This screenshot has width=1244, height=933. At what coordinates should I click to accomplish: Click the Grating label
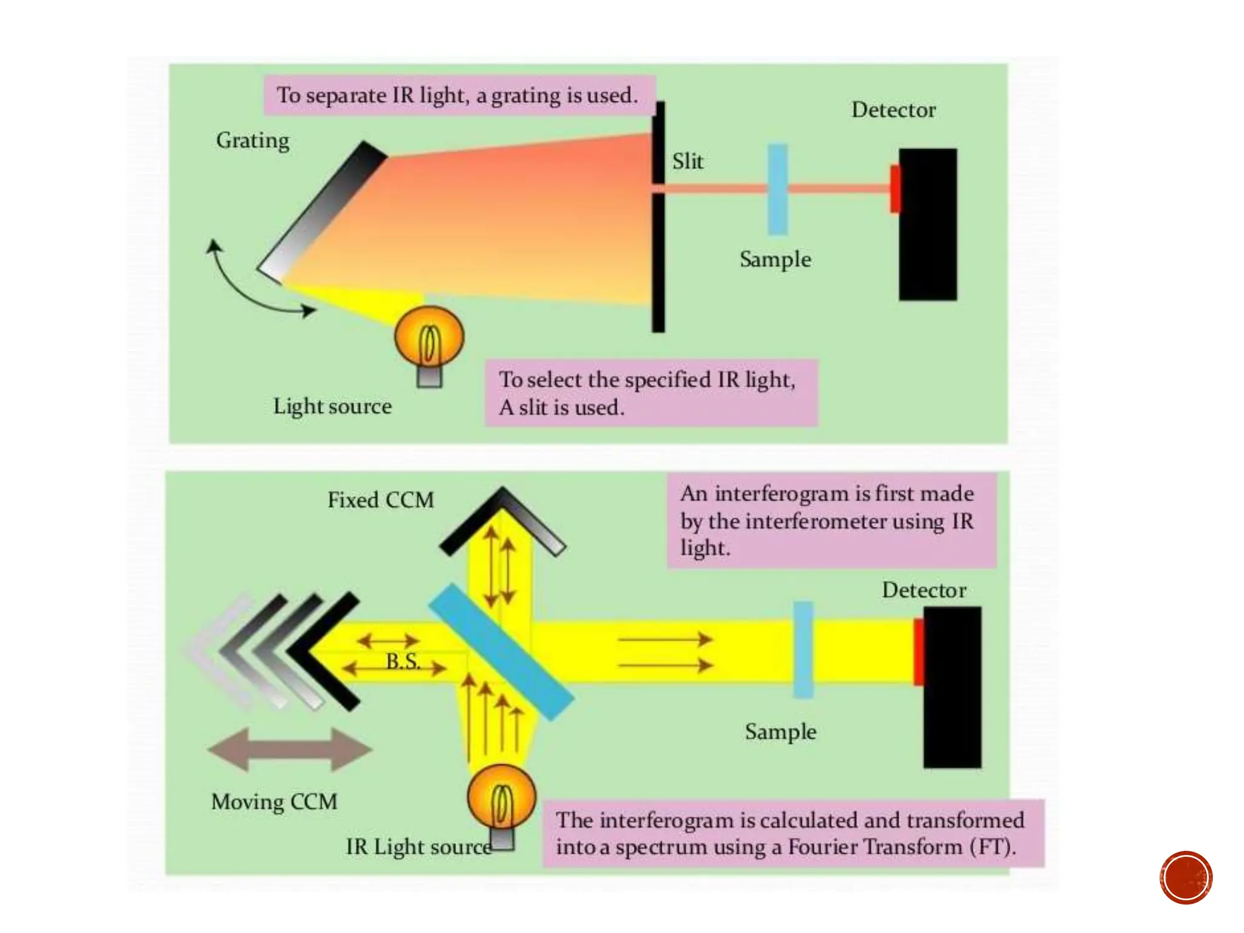253,140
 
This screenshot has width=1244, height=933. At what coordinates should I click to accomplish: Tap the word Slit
688,162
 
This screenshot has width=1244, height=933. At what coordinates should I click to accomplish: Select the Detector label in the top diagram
894,110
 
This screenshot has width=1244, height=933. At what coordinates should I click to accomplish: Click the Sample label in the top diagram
775,259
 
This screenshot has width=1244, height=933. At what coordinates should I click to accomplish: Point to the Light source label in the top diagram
332,406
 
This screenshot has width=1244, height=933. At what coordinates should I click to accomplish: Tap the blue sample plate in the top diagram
777,190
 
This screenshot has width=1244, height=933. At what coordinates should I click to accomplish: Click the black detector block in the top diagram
928,243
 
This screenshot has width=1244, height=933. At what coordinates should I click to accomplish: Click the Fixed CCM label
381,500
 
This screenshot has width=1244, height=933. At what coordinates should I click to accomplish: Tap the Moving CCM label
274,802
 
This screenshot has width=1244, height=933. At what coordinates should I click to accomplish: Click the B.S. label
403,661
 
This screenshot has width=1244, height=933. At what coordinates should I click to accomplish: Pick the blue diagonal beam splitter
501,652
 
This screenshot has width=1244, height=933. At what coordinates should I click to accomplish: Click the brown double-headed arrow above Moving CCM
290,749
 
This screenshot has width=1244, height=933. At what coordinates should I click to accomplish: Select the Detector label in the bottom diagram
924,590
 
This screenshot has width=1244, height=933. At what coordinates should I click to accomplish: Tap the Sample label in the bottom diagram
781,732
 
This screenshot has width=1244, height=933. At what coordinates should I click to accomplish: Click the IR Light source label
419,847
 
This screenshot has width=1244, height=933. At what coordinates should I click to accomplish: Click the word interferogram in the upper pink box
783,494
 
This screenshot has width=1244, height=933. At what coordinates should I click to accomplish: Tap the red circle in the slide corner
1186,878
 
